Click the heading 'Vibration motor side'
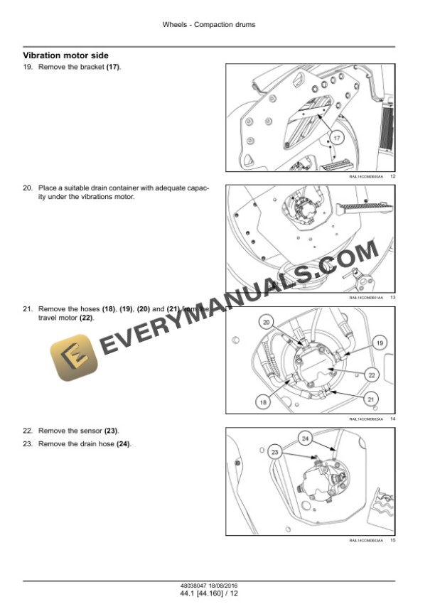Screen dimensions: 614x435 66,55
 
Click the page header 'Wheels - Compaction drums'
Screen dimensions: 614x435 209,24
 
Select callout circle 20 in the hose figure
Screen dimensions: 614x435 267,322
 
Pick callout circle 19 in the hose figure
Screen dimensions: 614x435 380,343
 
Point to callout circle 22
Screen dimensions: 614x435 371,375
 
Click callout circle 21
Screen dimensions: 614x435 370,399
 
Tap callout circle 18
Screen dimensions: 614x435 263,402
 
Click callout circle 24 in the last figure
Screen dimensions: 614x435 305,438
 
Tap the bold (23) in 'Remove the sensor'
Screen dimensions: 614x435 112,431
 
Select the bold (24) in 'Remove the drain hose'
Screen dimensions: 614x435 124,444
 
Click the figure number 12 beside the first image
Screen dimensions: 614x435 392,176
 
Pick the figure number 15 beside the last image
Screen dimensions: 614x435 392,541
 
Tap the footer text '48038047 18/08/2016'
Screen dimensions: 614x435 209,587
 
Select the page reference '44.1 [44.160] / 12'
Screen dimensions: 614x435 209,594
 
